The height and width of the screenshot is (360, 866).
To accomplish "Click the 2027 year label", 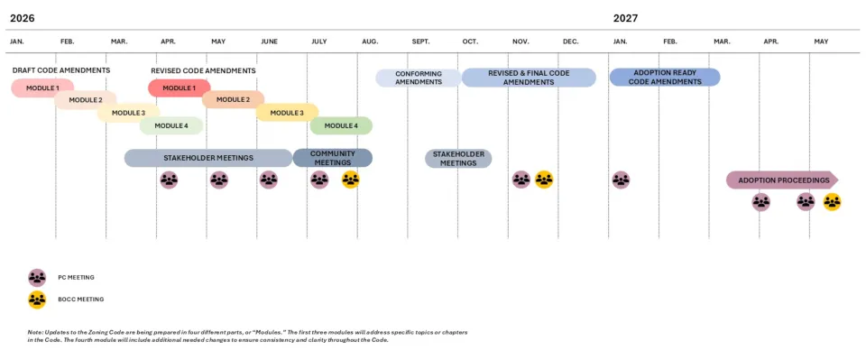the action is (x=625, y=18).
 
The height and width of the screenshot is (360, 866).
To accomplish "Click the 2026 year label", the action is (x=22, y=18).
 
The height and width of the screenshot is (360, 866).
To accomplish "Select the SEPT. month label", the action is (x=420, y=42).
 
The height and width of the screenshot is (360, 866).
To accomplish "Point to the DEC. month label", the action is (x=570, y=42).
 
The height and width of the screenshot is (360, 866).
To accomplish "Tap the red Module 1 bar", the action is (x=179, y=88).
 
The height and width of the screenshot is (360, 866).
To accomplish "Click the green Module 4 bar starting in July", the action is (x=341, y=125).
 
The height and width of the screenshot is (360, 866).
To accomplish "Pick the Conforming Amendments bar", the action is (x=419, y=78).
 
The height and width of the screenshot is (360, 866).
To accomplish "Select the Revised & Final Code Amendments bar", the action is (x=529, y=78).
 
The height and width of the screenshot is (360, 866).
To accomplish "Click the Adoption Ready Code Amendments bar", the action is (x=665, y=78).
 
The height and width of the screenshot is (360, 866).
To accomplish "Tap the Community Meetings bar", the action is (x=332, y=158).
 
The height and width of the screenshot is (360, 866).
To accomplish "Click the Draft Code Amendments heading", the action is (x=61, y=70).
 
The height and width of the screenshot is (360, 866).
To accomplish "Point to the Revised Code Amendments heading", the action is (x=203, y=70).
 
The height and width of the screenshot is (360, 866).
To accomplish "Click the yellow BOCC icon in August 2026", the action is (x=351, y=180).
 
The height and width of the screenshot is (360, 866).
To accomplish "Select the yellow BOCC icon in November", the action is (x=543, y=180).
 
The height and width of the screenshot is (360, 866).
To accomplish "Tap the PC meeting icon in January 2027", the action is (x=621, y=180).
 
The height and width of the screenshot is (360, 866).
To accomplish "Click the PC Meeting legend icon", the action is (x=37, y=278).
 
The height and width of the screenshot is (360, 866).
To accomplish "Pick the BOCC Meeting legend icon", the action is (x=37, y=300).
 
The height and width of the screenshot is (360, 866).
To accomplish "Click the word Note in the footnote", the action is (x=36, y=333).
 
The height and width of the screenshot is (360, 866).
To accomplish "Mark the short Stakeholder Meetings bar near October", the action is (x=458, y=159).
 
